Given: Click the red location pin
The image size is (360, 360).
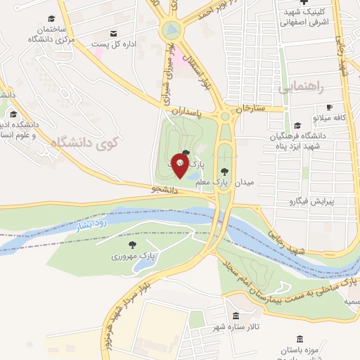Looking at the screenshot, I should [x=181, y=167].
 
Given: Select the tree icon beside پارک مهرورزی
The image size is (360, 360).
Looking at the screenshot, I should [x=132, y=244].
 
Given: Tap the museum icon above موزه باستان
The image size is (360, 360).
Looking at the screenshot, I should [x=300, y=339].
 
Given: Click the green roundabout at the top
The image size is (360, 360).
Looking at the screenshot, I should [x=170, y=30].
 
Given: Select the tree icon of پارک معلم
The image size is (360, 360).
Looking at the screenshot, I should [x=225, y=171].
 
